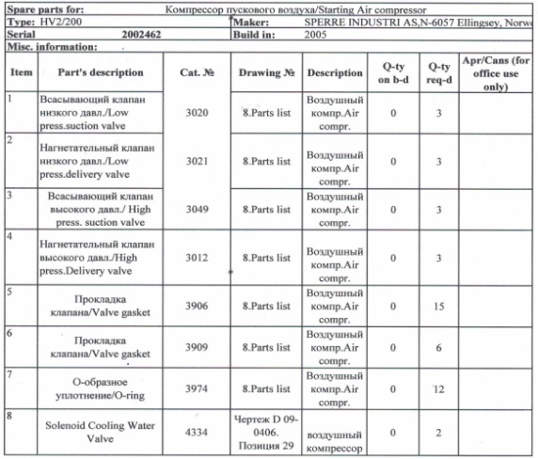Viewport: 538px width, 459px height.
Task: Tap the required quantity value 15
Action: pos(438,306)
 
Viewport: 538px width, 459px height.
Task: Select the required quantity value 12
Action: pos(438,388)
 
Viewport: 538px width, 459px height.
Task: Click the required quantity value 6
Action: pos(438,346)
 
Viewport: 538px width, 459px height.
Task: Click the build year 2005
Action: pos(317,33)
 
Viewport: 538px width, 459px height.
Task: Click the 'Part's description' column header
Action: pos(100,72)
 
